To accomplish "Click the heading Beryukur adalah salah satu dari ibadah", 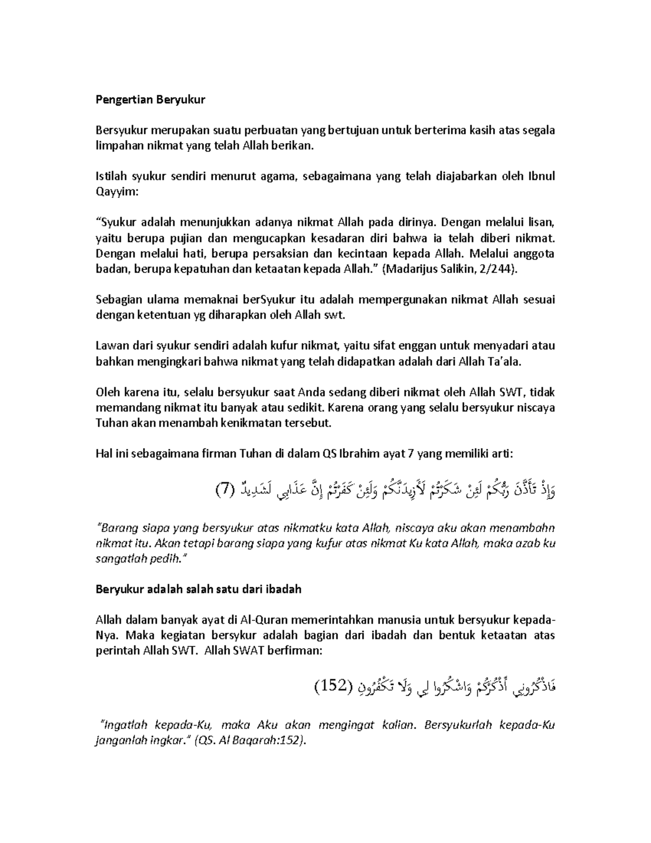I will point(198,589).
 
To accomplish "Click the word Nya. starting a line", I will point(105,636).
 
